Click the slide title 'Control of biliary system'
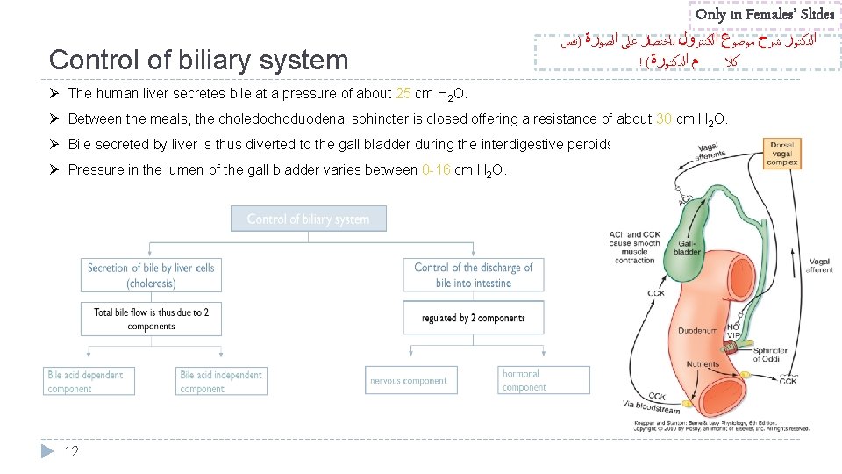pos(199,60)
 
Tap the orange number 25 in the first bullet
pos(404,94)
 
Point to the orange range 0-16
pos(436,169)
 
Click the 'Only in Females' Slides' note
pos(765,14)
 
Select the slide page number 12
pos(72,451)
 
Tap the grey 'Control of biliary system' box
pos(308,219)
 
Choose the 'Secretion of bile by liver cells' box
pos(151,275)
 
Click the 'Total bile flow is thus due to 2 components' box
pos(151,319)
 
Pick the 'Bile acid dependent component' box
pos(89,382)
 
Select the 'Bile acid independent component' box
pos(221,382)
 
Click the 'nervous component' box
pos(409,381)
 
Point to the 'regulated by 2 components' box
pos(474,318)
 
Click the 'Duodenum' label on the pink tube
pos(699,331)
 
